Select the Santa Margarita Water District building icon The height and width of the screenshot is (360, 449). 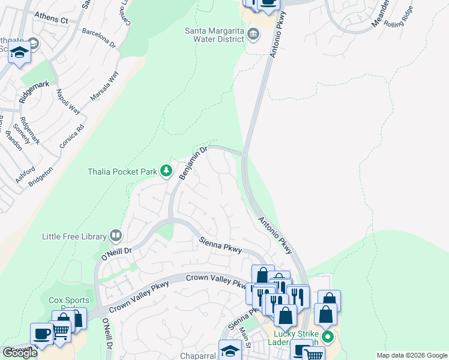[254, 34]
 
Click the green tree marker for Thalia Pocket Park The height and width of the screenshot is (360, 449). [166, 172]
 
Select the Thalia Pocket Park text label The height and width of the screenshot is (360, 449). [122, 172]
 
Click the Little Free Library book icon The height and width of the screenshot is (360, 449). [116, 236]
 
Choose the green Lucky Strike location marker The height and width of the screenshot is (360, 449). [327, 336]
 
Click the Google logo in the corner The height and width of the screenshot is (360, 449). [19, 353]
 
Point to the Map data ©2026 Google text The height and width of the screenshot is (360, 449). [412, 355]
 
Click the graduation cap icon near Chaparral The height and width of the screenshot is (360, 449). [229, 350]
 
